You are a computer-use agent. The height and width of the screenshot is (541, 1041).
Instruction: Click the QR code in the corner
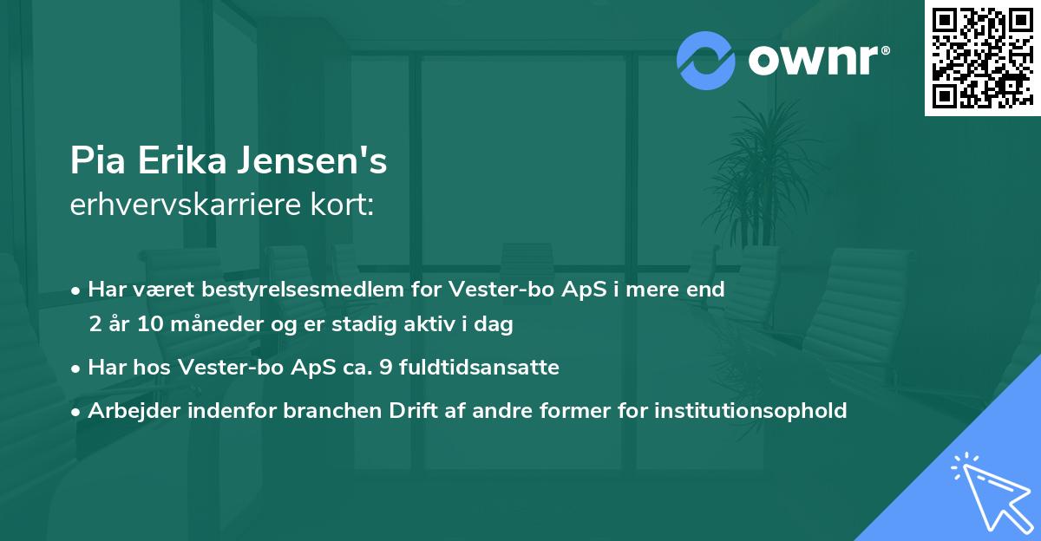coord(982,58)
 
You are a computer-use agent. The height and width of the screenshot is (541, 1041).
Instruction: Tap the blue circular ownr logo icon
coord(706,60)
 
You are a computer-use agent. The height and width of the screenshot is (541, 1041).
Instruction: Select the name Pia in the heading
coord(94,161)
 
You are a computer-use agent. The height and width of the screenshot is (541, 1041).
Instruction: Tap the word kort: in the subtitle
coord(344,205)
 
